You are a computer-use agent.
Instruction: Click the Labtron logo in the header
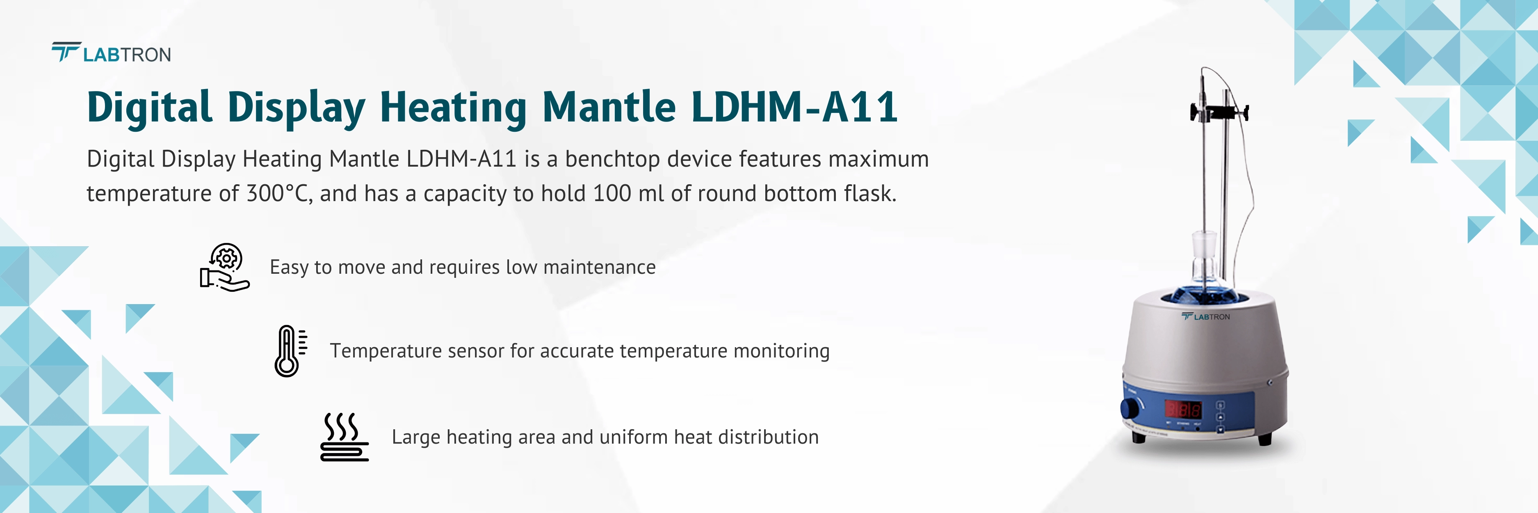click(111, 54)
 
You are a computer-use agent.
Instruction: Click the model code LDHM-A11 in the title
click(794, 108)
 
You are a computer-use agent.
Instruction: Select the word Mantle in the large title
click(609, 108)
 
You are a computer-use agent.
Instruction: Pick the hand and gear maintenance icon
click(224, 268)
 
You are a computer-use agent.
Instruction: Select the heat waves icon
click(345, 437)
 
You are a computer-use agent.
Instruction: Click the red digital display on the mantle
click(1183, 410)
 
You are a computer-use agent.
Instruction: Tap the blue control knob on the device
click(1130, 409)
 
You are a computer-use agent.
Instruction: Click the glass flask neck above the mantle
click(1203, 251)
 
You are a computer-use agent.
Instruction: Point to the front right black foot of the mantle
click(1264, 439)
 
